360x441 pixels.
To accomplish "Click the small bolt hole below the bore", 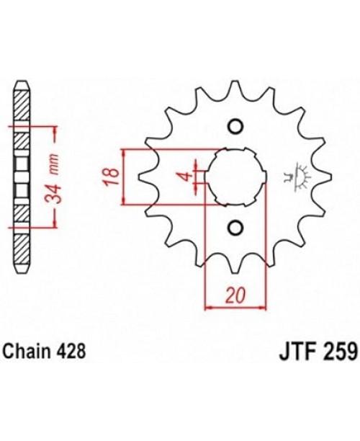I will click(x=233, y=228).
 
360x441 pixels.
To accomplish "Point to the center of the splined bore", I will click(x=233, y=177).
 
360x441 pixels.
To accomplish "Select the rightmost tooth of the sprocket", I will click(x=323, y=177).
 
